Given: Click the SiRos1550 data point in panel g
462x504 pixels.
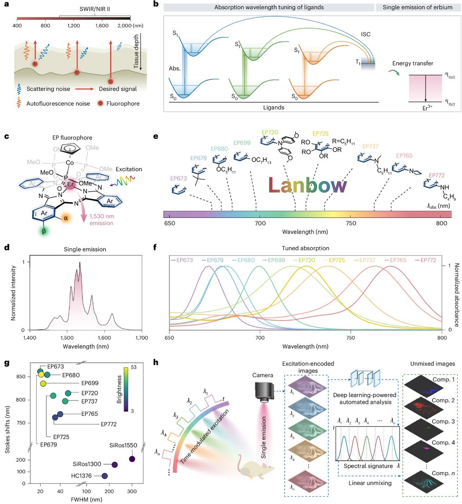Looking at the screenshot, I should [132, 459].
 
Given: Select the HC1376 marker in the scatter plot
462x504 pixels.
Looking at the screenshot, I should [105, 476].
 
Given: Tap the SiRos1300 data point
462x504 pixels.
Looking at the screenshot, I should [114, 465].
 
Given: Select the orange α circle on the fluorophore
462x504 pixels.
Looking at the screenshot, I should [65, 218].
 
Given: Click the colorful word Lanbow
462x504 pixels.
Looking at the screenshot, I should [308, 186].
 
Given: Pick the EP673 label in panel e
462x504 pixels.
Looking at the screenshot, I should [179, 178].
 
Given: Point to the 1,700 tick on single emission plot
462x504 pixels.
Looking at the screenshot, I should [142, 337].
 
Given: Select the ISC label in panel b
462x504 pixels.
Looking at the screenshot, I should [365, 34].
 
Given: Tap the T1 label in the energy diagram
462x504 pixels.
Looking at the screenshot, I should [358, 62].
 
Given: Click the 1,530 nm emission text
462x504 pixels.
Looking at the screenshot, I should [101, 220].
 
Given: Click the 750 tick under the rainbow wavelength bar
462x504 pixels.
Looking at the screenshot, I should [351, 223].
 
